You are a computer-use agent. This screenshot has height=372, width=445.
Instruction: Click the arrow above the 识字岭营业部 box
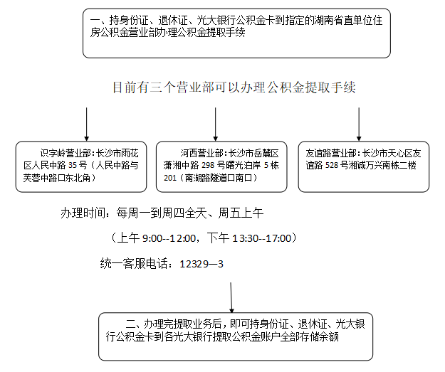pyautogui.click(x=86, y=124)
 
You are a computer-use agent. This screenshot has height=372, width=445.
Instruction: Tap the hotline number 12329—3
pyautogui.click(x=201, y=264)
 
